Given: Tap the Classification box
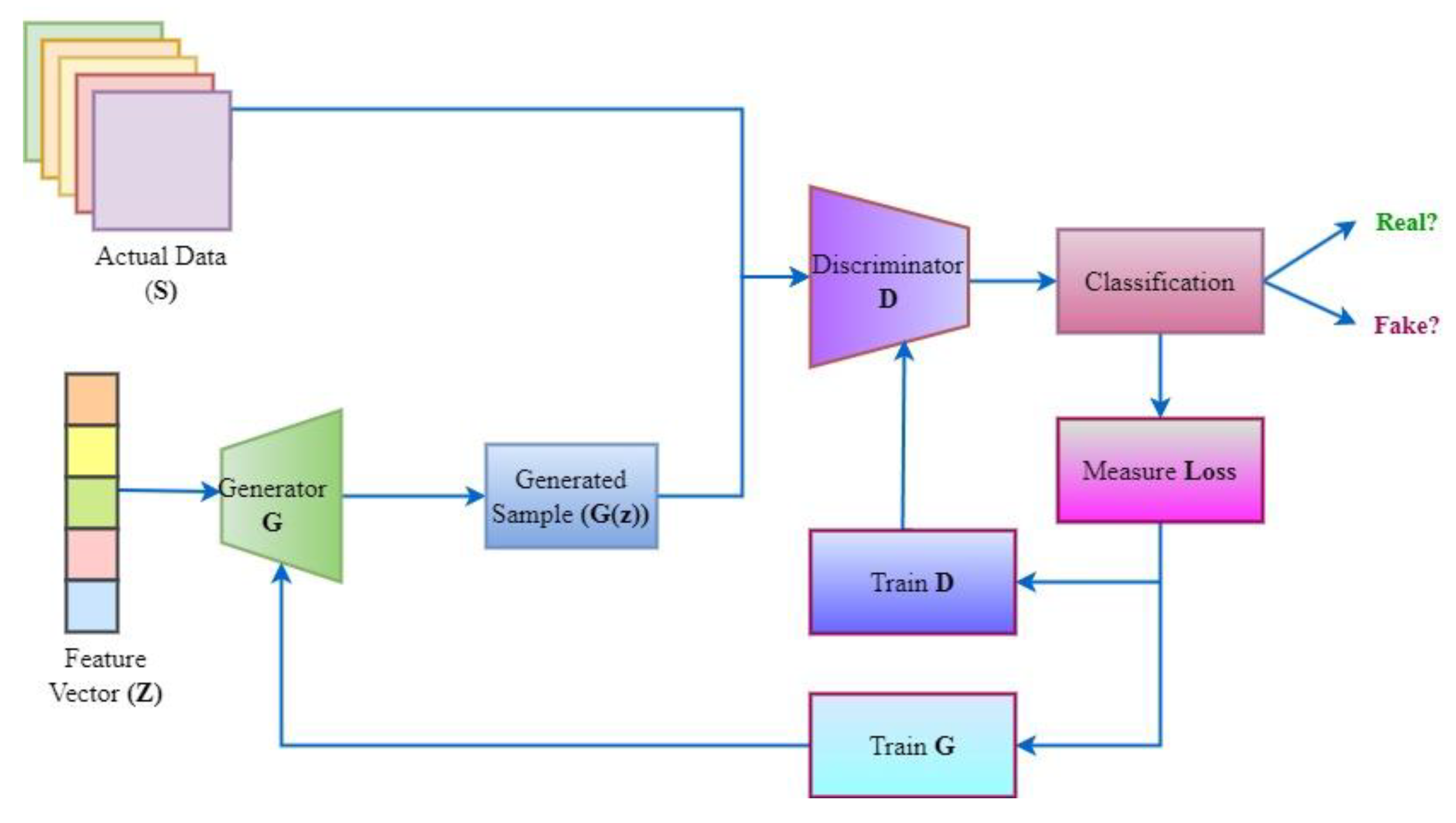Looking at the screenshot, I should point(1159,281).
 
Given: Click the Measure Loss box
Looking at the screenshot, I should point(1159,470).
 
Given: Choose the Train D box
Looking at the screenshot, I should point(912,582).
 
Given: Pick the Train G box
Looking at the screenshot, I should point(912,745).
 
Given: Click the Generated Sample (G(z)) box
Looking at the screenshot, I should point(571,496).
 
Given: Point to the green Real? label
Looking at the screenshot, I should point(1406,222).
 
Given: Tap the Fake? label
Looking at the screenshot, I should point(1406,326).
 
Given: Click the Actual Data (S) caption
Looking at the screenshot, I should point(161,273).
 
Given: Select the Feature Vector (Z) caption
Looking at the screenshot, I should point(105,676).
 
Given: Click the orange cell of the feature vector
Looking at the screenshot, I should point(91,398).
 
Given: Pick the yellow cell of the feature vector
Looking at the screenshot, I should point(91,451).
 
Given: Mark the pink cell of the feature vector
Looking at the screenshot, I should point(91,554).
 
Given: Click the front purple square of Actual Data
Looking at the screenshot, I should point(162,161).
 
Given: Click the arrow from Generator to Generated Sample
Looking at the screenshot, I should point(413,496).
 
